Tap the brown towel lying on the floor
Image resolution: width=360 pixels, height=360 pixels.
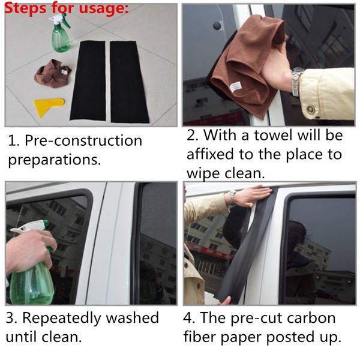coord(53,74)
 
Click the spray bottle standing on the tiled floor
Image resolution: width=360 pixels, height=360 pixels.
coord(60,33)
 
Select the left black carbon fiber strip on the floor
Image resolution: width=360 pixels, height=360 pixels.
coord(88,81)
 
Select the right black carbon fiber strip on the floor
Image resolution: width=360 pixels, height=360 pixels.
coord(128,82)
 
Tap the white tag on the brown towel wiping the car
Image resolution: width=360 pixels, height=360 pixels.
coord(235,87)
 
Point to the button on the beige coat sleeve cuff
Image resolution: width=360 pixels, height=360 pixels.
coord(310,109)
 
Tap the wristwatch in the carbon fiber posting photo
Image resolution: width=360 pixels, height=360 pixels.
coord(232,197)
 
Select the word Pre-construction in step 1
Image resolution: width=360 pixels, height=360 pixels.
coord(83,140)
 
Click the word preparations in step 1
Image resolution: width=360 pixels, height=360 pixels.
coord(55,160)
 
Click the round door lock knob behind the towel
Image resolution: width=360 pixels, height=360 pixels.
coord(217,25)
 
